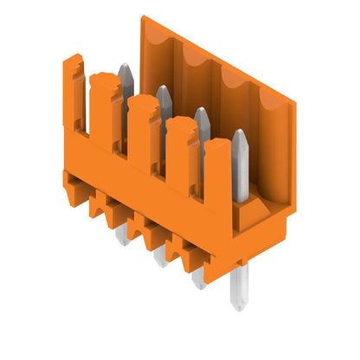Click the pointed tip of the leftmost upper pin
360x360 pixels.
(x=124, y=67)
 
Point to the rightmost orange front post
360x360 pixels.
(x=217, y=177)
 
